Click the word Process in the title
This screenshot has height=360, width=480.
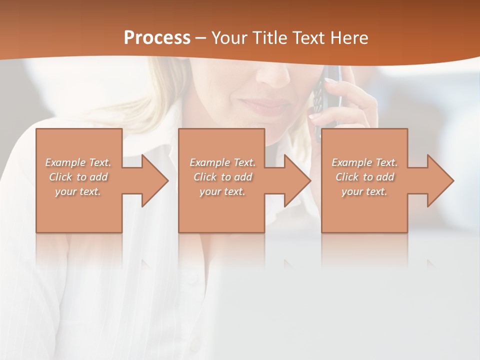pos(157,37)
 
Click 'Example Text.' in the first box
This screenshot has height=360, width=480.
pos(78,162)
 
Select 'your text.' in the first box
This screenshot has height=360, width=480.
pos(78,191)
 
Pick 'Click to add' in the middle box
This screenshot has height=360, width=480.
pos(222,177)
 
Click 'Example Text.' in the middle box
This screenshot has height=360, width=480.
pos(222,162)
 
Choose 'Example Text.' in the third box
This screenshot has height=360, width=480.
pos(364,162)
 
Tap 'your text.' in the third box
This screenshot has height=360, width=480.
pos(364,191)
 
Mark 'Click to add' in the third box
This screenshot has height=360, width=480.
pos(364,177)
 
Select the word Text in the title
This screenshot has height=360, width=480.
pos(309,37)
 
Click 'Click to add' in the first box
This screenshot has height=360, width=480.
pos(78,177)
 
